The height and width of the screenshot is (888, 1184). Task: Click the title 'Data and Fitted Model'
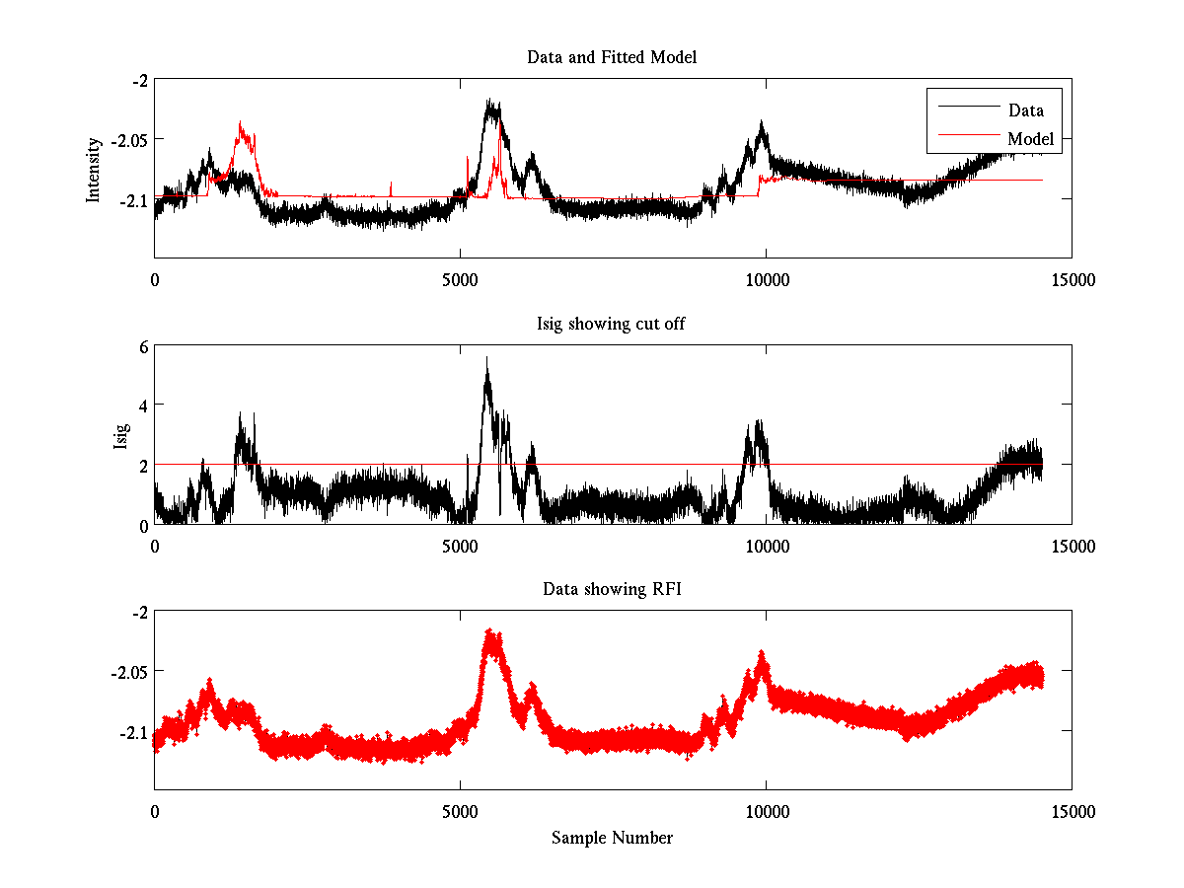pos(612,57)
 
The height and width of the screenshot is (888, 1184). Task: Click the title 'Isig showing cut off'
pos(612,324)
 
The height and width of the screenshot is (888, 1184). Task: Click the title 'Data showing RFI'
pos(612,589)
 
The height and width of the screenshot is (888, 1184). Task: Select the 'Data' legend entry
pos(1025,110)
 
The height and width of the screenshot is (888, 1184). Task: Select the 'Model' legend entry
pos(1030,139)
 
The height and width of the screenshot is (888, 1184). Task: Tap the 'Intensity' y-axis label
pos(94,170)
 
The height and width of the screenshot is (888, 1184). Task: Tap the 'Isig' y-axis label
pos(120,435)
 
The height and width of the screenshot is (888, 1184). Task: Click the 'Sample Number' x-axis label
pos(612,838)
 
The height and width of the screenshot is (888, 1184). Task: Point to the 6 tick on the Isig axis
pos(142,346)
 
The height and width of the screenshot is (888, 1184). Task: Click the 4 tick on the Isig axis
pos(142,406)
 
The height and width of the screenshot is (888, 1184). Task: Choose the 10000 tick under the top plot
pos(767,281)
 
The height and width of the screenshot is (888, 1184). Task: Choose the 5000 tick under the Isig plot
pos(460,547)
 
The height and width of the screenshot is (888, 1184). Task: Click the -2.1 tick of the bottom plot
pos(133,732)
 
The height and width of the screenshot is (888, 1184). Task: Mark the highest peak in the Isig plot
pos(486,358)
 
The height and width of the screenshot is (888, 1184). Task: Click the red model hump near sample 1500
pos(242,125)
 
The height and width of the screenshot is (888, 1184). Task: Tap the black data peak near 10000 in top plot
pos(762,124)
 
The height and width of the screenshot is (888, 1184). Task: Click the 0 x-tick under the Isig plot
pos(155,547)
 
